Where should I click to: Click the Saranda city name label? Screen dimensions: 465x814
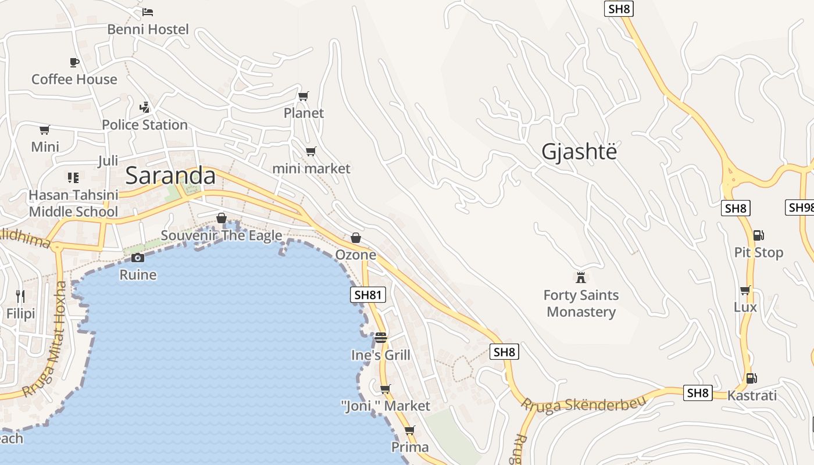coord(170,175)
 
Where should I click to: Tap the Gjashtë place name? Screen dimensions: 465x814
coord(579,151)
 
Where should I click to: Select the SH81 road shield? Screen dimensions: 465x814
coord(369,295)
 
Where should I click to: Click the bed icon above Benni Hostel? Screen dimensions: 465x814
coord(148,12)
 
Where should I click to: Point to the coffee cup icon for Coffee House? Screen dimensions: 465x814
coord(74,62)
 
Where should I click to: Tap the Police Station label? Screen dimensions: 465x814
coord(145,124)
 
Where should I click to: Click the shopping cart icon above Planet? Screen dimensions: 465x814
coord(303,96)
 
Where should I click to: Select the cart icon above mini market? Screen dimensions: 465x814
coord(311,152)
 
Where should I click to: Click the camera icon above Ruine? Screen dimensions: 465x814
coord(138,257)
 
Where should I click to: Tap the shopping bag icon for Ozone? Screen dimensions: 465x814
coord(356,238)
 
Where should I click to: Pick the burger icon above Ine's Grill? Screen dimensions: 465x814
coord(381,338)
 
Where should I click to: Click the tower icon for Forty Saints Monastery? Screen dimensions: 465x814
coord(580,277)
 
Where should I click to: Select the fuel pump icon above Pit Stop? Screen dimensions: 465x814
coord(758,235)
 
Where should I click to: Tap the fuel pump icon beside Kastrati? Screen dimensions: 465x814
coord(751,378)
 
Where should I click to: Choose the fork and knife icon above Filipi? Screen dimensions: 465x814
coord(20,296)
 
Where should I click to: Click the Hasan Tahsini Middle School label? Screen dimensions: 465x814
coord(73,203)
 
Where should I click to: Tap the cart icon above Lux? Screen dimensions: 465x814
coord(745,290)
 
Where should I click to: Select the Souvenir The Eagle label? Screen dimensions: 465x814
coord(222,235)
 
